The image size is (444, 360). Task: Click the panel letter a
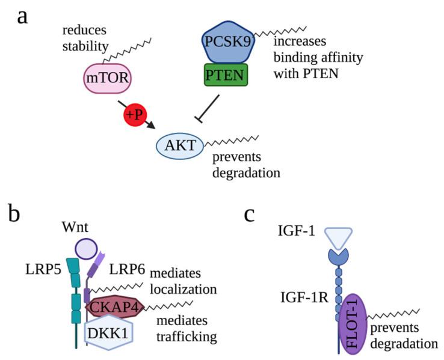(23, 17)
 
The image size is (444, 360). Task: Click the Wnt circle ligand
(85, 248)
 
